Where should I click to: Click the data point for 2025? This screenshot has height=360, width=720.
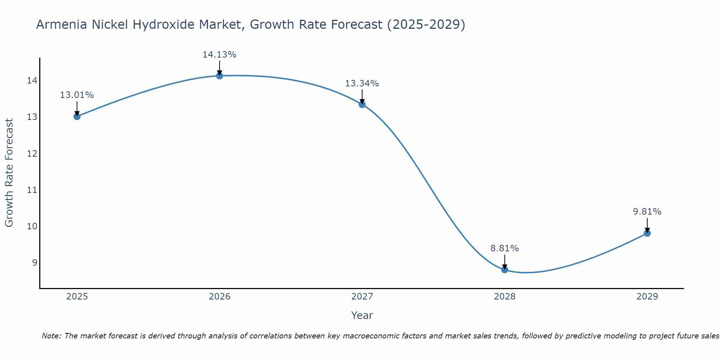(x=77, y=116)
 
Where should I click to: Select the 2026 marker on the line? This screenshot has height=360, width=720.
(x=220, y=76)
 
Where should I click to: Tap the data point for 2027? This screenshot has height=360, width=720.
(x=362, y=104)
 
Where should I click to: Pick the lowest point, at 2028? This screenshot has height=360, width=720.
(x=505, y=270)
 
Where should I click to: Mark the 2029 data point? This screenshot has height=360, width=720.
(x=647, y=233)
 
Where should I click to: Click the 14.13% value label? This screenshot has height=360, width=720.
(x=220, y=55)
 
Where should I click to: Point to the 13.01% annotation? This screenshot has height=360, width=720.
(x=77, y=95)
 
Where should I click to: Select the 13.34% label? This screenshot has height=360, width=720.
(x=362, y=84)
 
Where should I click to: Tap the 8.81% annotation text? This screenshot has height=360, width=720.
(x=505, y=248)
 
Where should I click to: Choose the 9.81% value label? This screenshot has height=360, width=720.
(x=647, y=212)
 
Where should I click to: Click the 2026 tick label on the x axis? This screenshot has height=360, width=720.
(x=220, y=297)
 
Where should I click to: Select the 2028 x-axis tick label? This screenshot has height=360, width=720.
(x=505, y=297)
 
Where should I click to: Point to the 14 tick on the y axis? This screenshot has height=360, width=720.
(x=32, y=80)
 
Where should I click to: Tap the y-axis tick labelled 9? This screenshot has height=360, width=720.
(x=35, y=262)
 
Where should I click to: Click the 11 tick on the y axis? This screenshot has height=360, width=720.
(x=32, y=190)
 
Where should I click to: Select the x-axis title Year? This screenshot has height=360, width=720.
(x=362, y=315)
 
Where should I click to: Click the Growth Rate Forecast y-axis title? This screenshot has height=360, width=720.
(x=9, y=173)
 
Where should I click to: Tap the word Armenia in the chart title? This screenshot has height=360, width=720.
(x=62, y=25)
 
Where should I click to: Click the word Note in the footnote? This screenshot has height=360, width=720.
(x=51, y=336)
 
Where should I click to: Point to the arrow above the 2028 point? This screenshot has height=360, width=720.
(x=505, y=262)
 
